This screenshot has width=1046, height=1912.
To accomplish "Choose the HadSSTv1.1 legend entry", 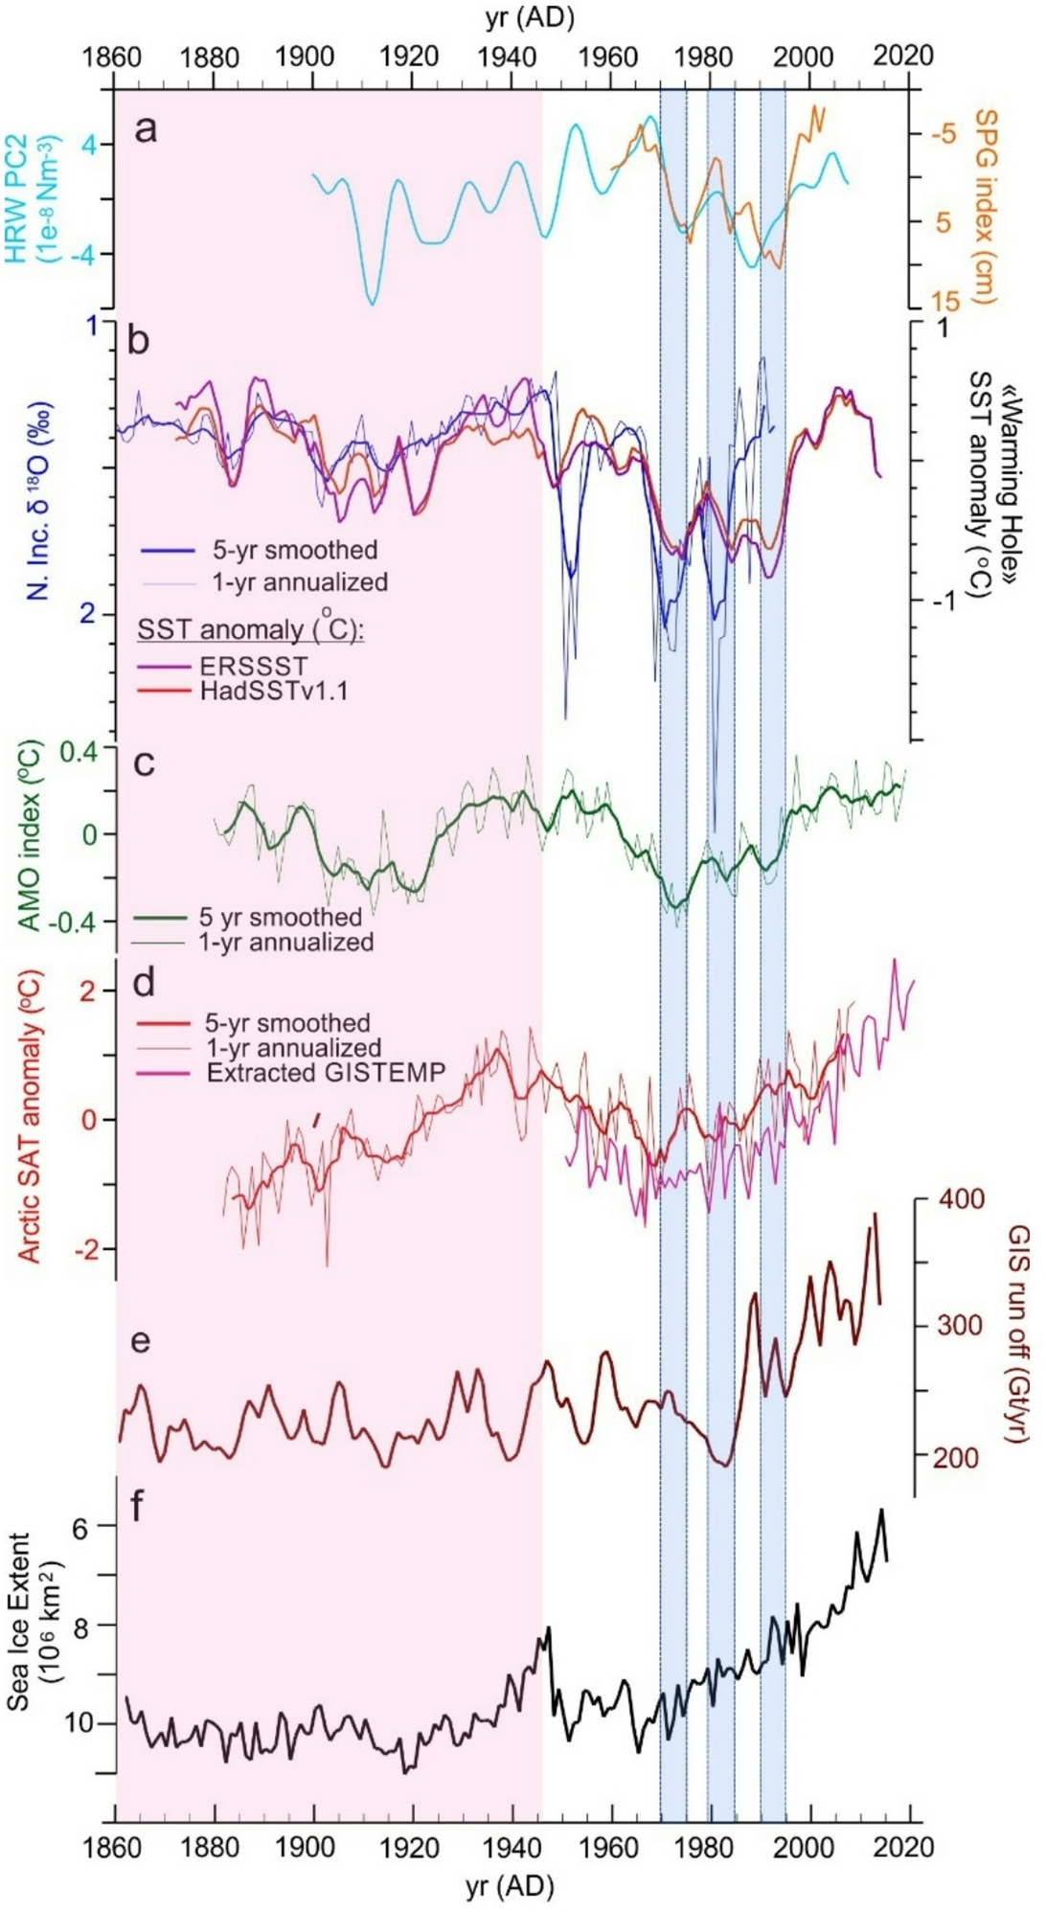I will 273,690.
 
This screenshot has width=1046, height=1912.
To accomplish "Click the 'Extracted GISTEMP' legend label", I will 326,1072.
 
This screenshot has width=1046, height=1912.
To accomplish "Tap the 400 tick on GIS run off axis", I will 961,1198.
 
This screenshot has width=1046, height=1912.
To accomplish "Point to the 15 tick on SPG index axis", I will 944,301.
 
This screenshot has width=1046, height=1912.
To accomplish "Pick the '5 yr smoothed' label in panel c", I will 280,917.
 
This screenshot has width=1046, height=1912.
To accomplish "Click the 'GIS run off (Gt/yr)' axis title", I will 1018,1335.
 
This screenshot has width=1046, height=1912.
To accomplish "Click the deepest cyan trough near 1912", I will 372,303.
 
